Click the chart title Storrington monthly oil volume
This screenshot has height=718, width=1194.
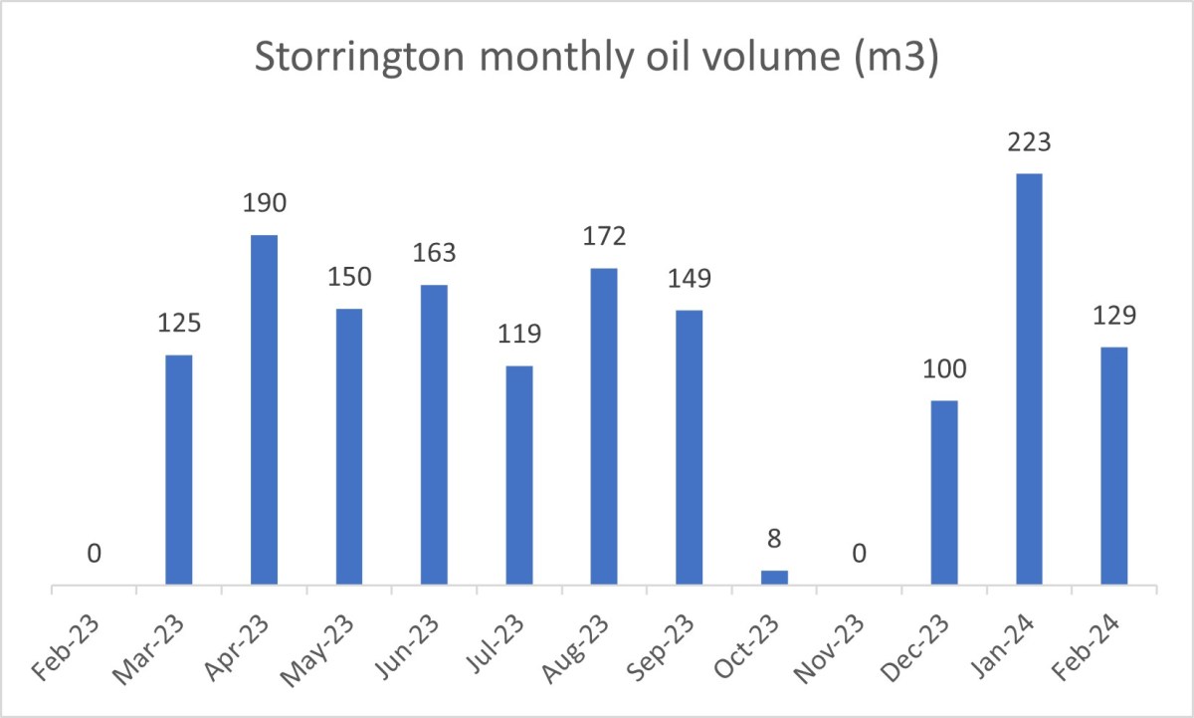point(597,58)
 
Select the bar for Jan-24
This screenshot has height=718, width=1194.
point(1029,378)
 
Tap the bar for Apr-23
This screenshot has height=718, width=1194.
point(264,409)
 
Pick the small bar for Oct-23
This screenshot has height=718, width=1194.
point(774,578)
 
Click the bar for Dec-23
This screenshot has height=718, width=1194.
point(944,492)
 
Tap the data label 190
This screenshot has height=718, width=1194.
point(264,204)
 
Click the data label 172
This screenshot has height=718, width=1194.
point(604,238)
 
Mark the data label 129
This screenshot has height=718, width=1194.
point(1113,316)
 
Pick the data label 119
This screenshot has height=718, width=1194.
point(519,335)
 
